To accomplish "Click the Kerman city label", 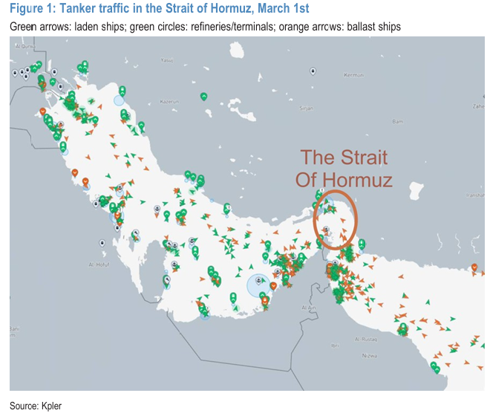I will (x=353, y=75).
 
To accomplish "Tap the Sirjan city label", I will (x=305, y=108).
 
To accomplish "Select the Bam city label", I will (x=397, y=120).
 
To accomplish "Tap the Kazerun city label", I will (x=170, y=101).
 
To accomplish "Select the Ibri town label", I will (x=335, y=345).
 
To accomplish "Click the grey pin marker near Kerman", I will (x=313, y=71).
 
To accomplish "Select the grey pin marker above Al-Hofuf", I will (x=101, y=243).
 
